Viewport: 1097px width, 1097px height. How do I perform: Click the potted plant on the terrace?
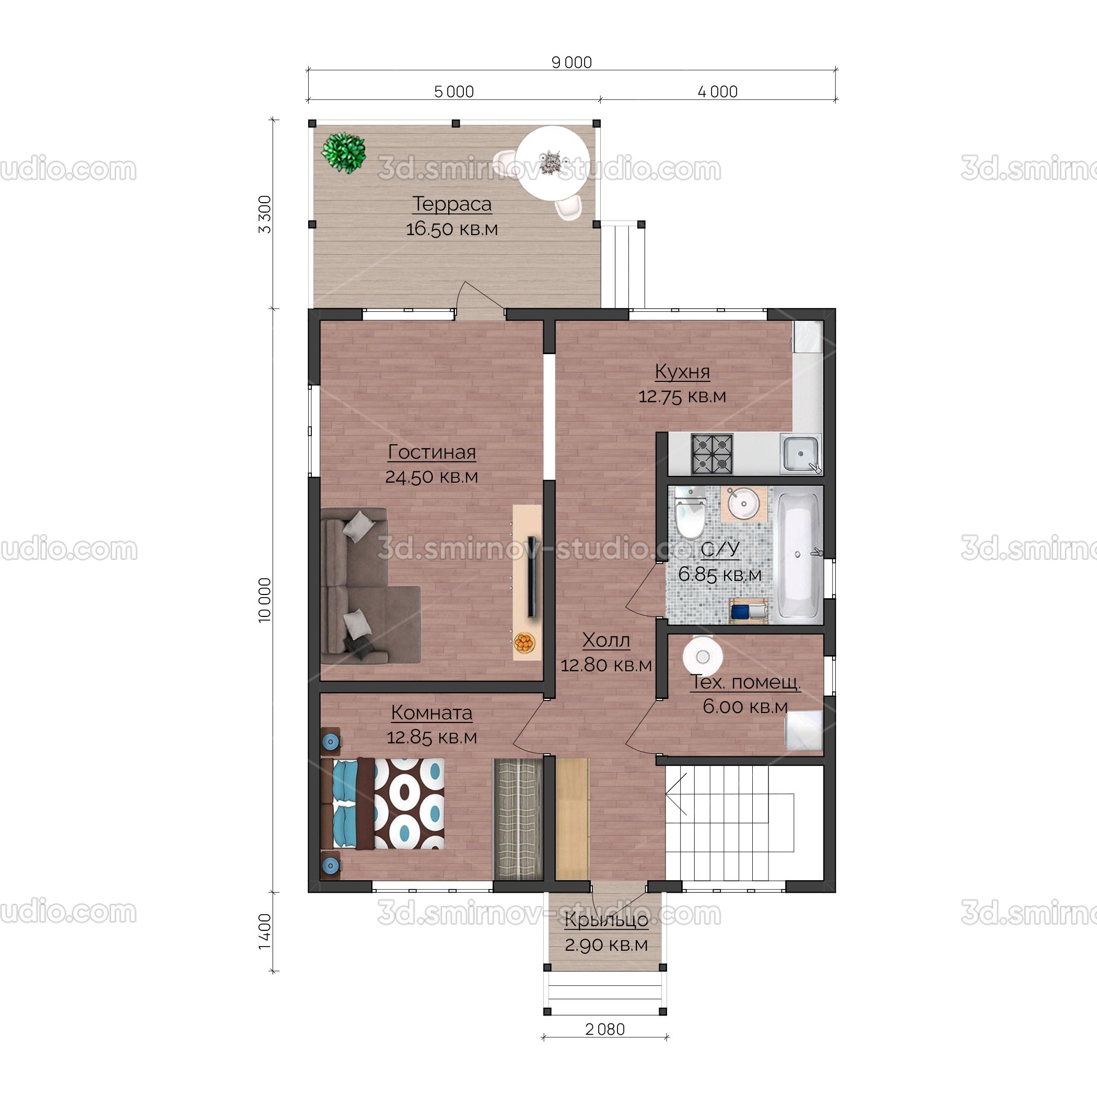344,152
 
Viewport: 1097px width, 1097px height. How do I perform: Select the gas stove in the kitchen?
712,454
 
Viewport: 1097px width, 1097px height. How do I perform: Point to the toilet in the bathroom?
690,514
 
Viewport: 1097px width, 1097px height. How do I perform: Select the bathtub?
798,555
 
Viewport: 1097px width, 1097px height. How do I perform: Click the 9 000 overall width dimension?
572,63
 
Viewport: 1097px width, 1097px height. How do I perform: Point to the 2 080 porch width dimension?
605,1030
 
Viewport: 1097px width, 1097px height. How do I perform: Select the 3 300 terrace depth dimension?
265,214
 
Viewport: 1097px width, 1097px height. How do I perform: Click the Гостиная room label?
432,452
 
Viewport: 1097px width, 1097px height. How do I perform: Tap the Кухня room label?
683,371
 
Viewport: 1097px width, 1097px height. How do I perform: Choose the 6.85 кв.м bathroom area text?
720,574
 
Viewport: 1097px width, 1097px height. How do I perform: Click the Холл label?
606,640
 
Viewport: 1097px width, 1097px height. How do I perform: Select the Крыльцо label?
606,920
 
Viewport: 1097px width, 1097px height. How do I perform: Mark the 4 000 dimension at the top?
718,92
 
